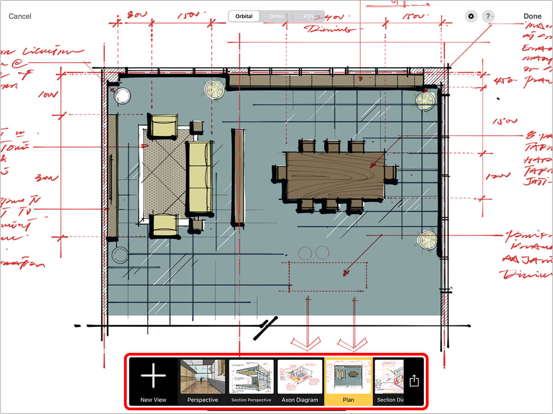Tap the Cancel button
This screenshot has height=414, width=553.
(x=20, y=16)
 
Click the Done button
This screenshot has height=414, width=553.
(x=532, y=16)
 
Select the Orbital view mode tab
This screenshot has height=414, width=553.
(x=244, y=16)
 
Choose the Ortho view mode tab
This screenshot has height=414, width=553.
(x=276, y=16)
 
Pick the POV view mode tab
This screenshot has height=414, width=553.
(x=308, y=16)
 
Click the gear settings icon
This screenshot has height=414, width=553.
(x=471, y=17)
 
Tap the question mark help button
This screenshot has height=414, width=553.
(x=488, y=17)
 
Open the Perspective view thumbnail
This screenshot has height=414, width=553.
(x=203, y=381)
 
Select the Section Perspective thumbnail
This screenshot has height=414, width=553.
(x=251, y=381)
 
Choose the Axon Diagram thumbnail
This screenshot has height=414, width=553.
(x=300, y=381)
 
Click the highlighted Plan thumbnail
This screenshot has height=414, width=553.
(x=348, y=381)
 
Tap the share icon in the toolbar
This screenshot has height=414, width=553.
(x=414, y=381)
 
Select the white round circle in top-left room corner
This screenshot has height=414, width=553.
(x=122, y=96)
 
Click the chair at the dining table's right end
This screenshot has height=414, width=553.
(x=390, y=173)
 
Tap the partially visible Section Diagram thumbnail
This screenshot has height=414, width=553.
(x=389, y=381)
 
